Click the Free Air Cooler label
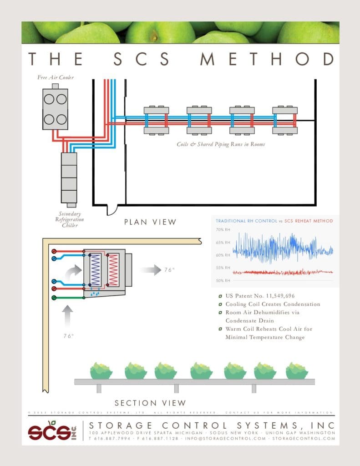click(55, 77)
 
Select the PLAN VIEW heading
click(150, 222)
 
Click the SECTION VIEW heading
click(150, 403)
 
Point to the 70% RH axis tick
click(223, 230)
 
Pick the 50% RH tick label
click(223, 280)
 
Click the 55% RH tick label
click(223, 268)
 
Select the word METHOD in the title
click(268, 59)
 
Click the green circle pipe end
click(54, 298)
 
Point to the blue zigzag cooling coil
click(96, 270)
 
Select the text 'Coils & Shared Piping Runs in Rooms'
click(221, 144)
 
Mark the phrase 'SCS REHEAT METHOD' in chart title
click(309, 221)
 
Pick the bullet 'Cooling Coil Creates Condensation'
click(273, 304)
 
